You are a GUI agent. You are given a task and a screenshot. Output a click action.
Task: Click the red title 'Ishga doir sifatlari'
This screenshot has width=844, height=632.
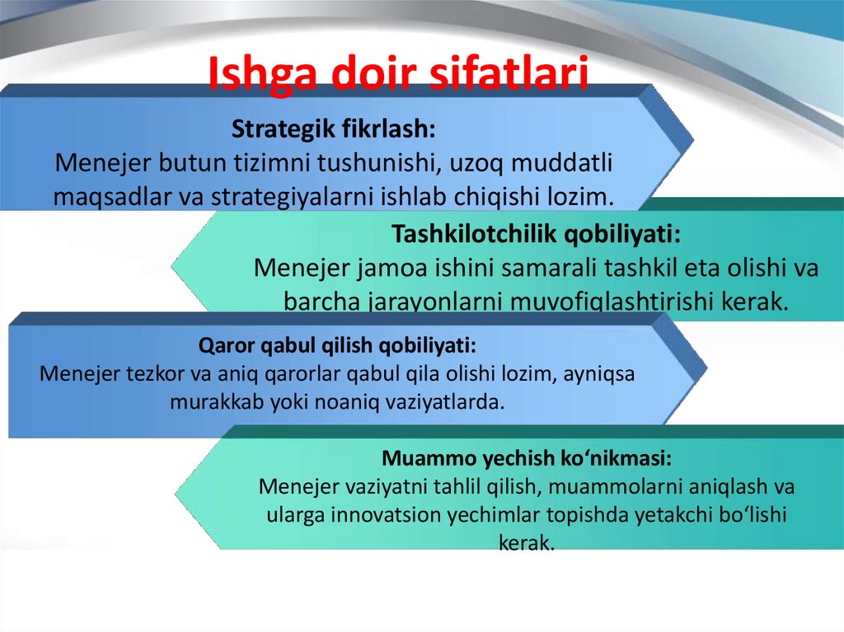398,73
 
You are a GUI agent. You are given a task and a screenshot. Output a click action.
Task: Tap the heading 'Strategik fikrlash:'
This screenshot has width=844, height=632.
333,129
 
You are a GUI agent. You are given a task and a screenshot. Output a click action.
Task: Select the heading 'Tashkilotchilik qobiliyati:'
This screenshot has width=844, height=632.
536,234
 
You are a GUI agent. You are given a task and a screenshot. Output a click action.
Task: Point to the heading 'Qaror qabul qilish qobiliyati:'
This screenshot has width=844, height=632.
337,345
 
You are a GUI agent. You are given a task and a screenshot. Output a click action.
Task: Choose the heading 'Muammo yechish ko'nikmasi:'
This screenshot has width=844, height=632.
527,458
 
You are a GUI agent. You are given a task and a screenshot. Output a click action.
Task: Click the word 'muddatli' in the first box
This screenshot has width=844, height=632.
561,162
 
